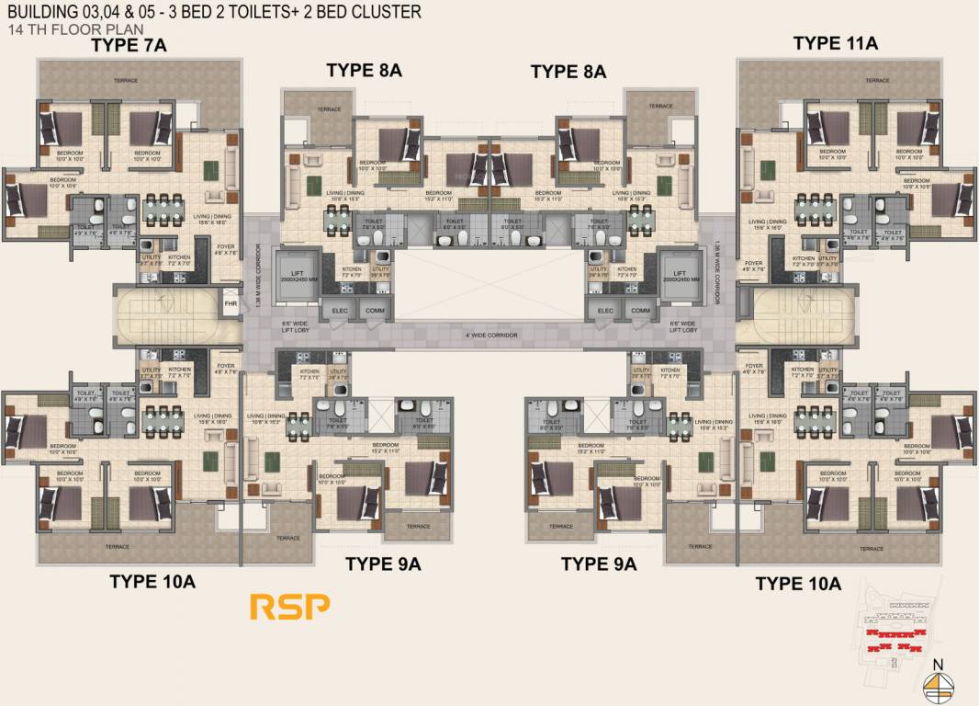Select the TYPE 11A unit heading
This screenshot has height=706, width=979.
836,43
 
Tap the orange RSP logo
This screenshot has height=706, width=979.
289,606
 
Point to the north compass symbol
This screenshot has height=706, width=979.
937,683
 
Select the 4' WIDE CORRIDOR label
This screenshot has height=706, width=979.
491,336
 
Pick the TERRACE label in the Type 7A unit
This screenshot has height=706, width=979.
126,81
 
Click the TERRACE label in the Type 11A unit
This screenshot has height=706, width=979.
877,81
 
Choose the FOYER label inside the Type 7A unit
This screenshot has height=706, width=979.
226,247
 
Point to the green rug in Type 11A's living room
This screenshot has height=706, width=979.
767,172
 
